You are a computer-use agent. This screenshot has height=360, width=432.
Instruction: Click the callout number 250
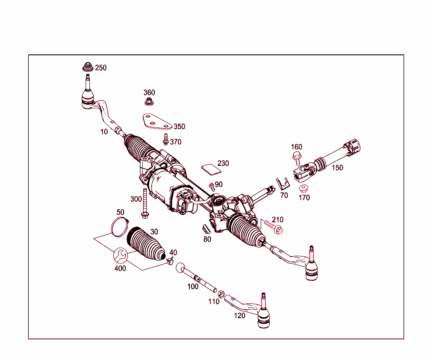(101, 68)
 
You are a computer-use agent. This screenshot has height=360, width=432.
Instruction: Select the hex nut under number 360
(148, 101)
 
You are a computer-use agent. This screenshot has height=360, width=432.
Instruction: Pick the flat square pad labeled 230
(211, 169)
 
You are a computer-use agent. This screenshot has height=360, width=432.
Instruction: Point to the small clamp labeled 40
(170, 261)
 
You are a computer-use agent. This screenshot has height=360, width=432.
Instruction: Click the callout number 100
(193, 287)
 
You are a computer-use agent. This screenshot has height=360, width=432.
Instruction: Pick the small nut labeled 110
(221, 293)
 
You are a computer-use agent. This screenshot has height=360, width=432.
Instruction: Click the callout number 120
(239, 315)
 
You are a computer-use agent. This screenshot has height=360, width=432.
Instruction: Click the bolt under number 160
(297, 159)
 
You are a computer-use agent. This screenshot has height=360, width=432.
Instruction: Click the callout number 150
(337, 168)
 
